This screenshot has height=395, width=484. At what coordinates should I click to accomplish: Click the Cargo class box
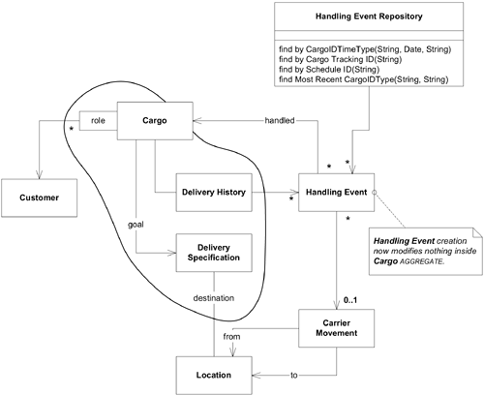pyautogui.click(x=153, y=123)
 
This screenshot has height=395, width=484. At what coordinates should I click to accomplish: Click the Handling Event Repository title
pyautogui.click(x=374, y=17)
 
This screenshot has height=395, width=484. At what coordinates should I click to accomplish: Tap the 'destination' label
pyautogui.click(x=212, y=297)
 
